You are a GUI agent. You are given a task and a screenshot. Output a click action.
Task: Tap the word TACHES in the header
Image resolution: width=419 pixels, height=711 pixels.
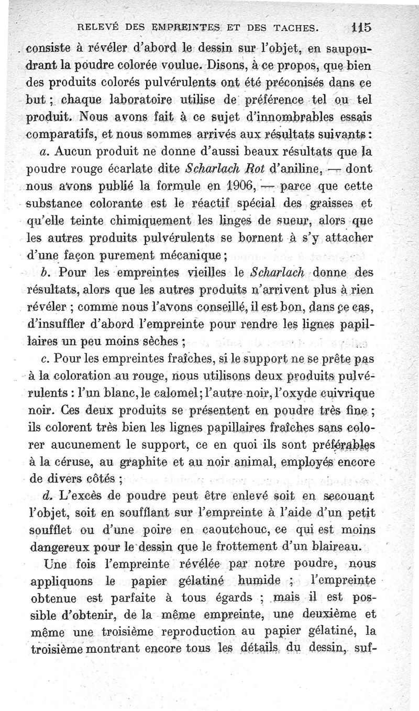pos(294,28)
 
